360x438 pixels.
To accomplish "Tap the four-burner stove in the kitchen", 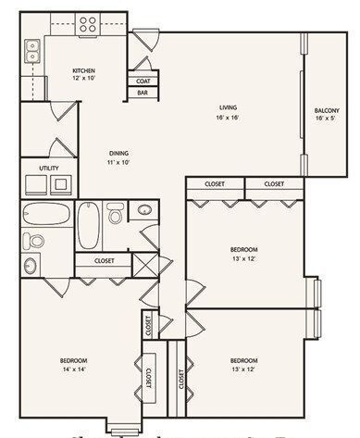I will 88,25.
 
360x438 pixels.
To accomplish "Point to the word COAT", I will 143,81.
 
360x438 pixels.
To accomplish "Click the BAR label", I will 143,93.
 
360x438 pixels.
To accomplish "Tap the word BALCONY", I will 328,109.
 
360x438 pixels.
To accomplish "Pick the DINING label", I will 118,153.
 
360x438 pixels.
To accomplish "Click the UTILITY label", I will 49,168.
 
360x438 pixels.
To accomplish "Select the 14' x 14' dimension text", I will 74,369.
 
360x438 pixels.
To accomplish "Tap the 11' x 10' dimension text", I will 118,163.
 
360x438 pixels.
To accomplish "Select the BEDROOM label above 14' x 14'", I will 74,359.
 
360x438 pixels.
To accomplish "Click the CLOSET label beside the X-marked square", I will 105,261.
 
